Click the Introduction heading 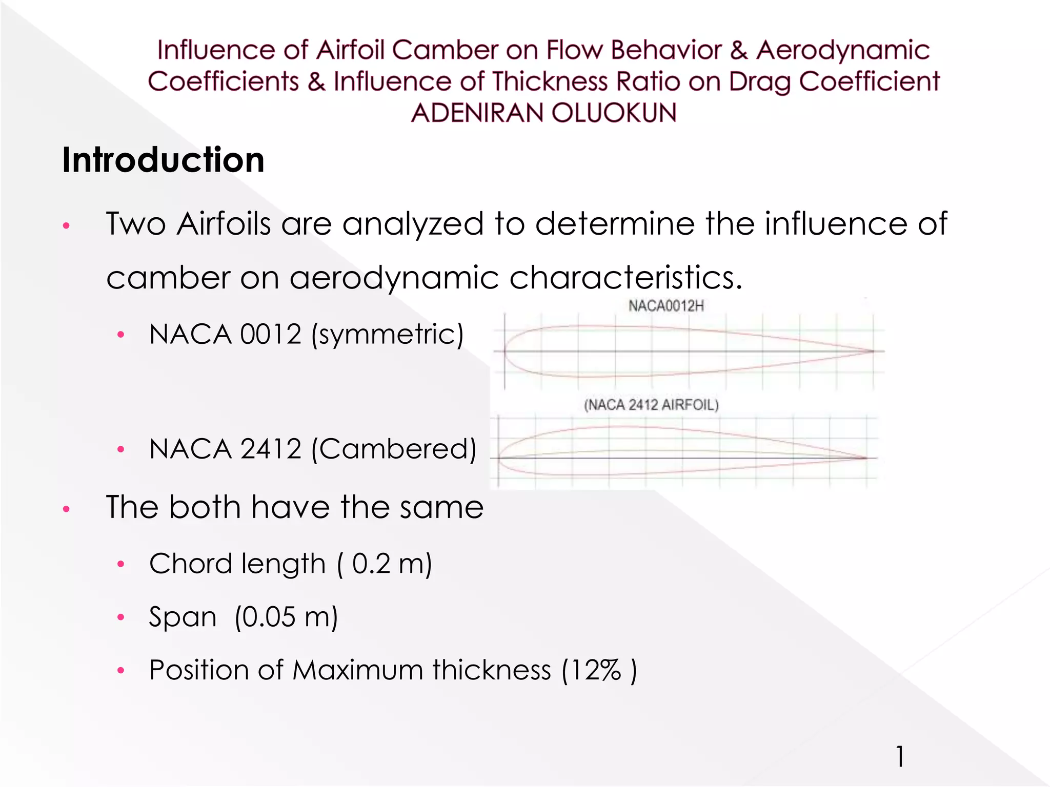(163, 160)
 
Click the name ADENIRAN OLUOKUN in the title (543, 113)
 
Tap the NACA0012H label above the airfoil (666, 306)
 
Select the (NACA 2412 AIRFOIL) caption (651, 405)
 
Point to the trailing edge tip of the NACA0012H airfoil (873, 351)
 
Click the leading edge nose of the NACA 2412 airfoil (499, 458)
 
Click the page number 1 (900, 756)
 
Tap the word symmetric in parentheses (388, 334)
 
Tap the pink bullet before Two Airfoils (66, 225)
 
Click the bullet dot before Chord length (121, 565)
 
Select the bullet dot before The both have (66, 509)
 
